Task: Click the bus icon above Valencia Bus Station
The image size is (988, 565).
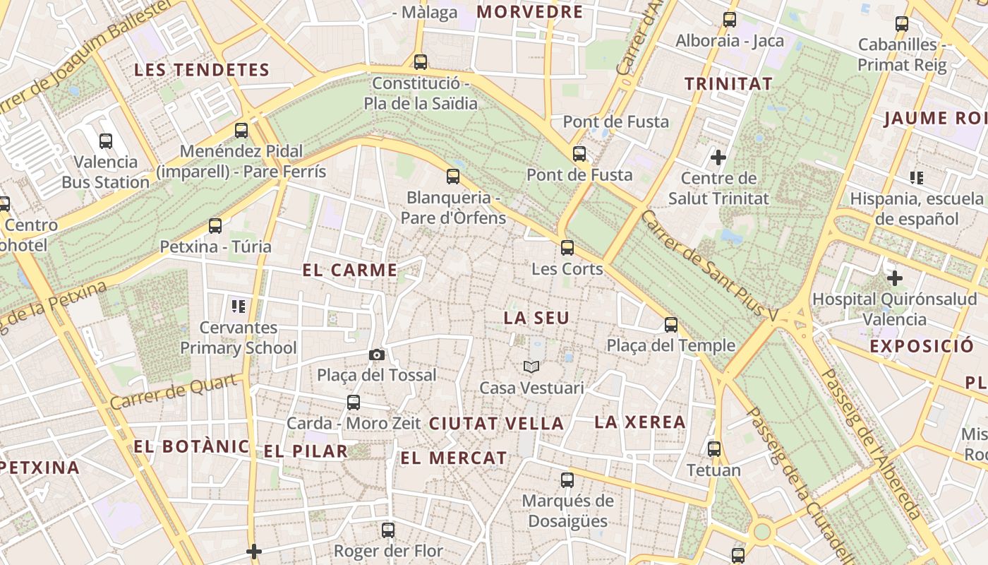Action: [x=106, y=141]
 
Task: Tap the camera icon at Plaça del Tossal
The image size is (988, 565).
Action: [x=377, y=355]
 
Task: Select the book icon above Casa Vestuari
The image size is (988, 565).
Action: [x=531, y=367]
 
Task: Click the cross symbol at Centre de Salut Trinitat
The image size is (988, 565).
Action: [x=718, y=157]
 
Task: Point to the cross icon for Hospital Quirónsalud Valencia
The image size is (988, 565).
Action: [x=895, y=278]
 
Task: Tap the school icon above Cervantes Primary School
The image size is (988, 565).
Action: [x=239, y=307]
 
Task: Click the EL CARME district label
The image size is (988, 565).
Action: [x=350, y=270]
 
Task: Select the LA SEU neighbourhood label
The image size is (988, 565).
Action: [x=536, y=319]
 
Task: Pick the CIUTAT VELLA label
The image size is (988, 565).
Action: [x=496, y=424]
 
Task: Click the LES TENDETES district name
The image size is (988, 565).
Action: [x=202, y=70]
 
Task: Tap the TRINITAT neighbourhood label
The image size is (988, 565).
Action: [x=729, y=84]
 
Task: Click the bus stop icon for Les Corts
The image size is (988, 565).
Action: [x=567, y=248]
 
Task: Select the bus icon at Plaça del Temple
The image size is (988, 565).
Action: [x=671, y=325]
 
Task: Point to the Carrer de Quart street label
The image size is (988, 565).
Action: [x=174, y=392]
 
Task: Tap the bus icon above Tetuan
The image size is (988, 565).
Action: [x=714, y=449]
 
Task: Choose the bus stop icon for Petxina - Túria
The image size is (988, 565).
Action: [x=215, y=226]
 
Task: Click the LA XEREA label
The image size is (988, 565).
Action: [x=640, y=422]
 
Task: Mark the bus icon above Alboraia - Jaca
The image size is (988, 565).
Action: [x=730, y=20]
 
